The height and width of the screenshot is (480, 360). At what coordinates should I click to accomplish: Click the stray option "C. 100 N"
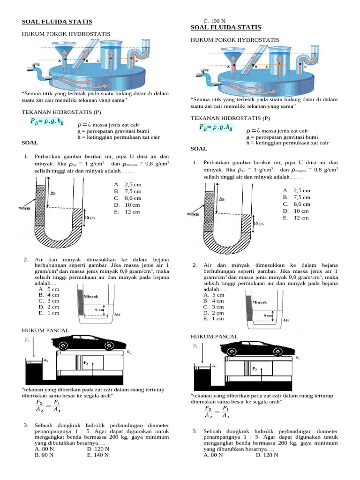click(214, 22)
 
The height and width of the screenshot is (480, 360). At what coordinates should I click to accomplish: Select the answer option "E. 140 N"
click(98, 455)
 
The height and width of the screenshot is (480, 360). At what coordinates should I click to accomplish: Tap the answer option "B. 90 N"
click(45, 455)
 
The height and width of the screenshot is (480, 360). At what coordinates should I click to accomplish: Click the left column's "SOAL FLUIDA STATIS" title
click(57, 22)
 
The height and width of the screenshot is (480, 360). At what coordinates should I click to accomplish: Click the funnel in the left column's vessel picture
click(61, 51)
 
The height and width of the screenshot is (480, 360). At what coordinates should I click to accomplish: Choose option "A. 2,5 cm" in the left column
click(127, 185)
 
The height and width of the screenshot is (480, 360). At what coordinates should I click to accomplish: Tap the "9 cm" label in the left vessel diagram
click(99, 309)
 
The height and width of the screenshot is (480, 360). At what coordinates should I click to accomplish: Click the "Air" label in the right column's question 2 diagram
click(286, 321)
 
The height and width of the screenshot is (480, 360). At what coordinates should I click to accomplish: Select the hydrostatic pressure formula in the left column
click(47, 122)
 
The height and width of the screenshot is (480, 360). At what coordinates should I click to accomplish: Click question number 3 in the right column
click(195, 431)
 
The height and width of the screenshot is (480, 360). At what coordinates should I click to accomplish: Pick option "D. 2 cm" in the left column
click(49, 307)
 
